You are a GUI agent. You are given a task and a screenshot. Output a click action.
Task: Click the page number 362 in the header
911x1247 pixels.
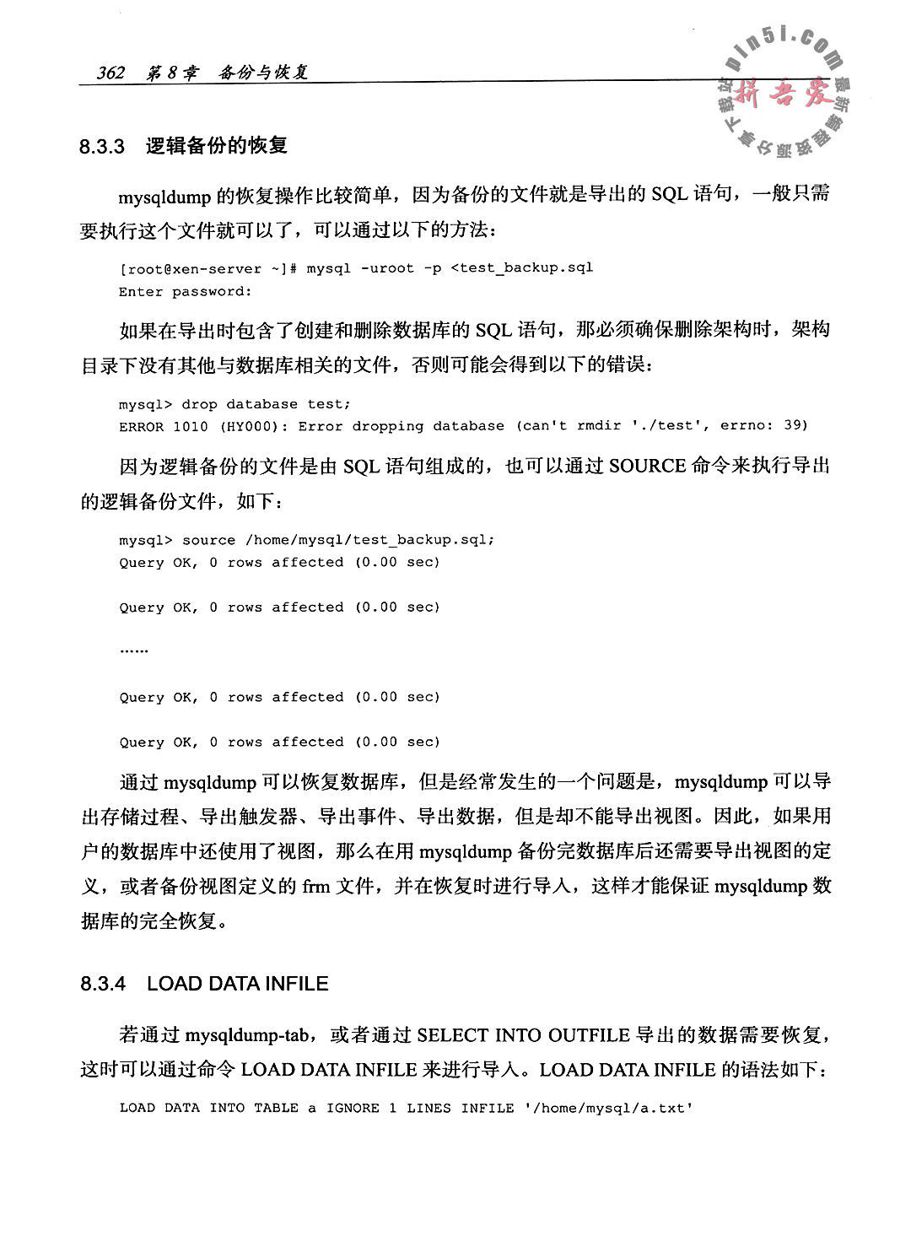(110, 73)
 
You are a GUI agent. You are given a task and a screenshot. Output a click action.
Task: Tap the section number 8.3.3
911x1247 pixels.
(102, 147)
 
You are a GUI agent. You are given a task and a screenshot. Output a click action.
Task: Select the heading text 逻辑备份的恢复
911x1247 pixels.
(217, 146)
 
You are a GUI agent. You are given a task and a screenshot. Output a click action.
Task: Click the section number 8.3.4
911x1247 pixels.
(102, 984)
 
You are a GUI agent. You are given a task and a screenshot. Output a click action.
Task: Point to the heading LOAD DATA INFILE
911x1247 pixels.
(238, 984)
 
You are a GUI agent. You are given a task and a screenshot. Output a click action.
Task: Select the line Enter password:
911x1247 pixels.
(186, 291)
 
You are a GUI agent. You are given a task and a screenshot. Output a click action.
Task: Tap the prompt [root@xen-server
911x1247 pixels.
(191, 268)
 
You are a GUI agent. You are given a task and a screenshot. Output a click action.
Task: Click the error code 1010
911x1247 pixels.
(190, 426)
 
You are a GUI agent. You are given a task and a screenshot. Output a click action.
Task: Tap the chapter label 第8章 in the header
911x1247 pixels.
(172, 73)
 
